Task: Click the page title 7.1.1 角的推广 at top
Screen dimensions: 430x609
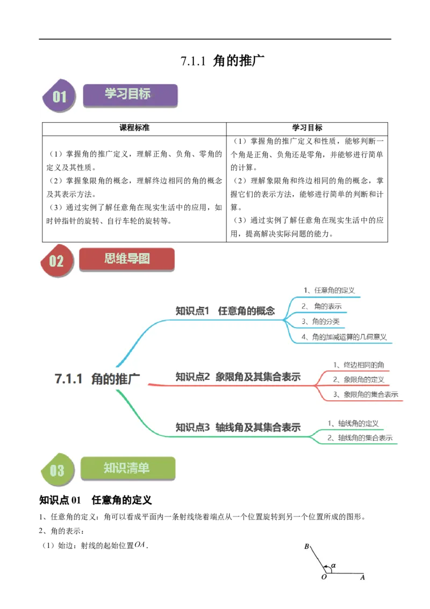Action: pos(223,61)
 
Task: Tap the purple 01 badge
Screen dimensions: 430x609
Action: pos(59,96)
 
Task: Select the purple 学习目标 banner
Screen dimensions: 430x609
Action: pos(130,95)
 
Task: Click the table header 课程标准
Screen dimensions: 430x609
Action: pos(134,128)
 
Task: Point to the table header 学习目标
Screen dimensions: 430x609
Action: pos(307,128)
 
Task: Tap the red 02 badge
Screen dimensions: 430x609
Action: pos(57,260)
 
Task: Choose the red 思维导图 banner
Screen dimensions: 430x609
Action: pos(127,259)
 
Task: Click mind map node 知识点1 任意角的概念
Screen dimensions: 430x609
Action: pos(225,311)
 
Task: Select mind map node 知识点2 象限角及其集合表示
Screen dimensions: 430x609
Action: pos(238,377)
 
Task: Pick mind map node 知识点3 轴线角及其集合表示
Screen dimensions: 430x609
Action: pos(238,427)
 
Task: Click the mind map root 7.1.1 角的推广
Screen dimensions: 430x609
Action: pos(97,379)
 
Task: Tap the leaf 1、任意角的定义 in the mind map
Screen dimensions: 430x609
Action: pos(329,290)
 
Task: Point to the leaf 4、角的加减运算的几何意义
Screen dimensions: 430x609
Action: pos(344,337)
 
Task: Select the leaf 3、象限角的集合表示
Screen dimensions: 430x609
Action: pos(365,394)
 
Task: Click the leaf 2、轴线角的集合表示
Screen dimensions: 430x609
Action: pos(360,438)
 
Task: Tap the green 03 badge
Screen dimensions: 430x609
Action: pos(58,470)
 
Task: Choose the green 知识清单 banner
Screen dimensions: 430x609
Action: pos(128,469)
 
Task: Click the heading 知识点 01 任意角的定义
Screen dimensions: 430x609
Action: pos(96,500)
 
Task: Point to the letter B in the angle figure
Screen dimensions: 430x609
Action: pos(306,547)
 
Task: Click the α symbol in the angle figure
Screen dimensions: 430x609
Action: pos(333,565)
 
